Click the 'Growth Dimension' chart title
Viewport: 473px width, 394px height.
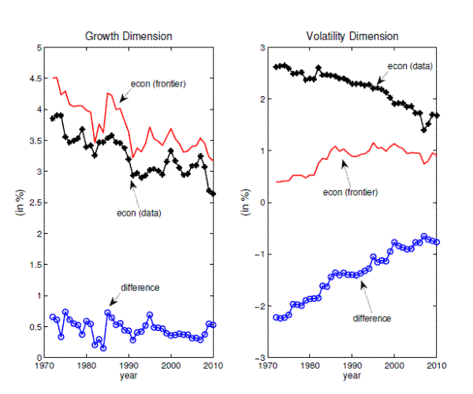[x=128, y=36]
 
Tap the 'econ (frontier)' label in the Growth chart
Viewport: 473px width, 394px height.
[x=158, y=83]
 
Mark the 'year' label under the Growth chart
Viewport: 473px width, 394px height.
[x=128, y=376]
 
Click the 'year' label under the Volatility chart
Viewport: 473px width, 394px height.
[x=353, y=376]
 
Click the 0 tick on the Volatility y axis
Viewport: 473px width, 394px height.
[x=256, y=203]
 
